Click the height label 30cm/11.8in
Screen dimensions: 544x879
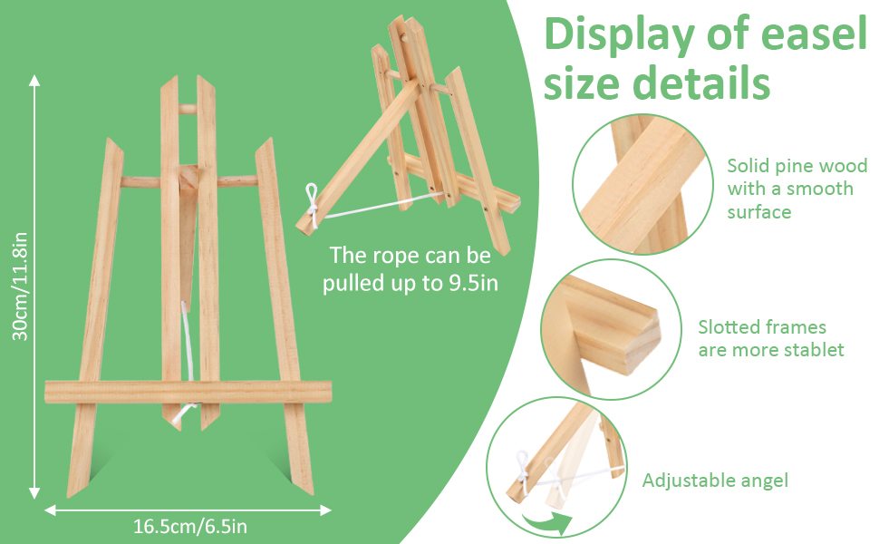coord(20,287)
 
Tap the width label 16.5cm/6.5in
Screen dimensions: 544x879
coord(190,526)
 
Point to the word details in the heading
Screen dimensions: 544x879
coord(701,83)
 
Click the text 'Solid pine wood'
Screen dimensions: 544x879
coord(797,166)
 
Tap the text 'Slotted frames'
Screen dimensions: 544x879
coord(762,326)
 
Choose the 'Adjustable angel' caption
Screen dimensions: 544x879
coord(715,481)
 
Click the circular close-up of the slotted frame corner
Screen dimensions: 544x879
coord(611,329)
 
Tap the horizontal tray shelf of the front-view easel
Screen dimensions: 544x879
coord(188,393)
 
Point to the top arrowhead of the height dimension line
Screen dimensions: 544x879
coord(34,79)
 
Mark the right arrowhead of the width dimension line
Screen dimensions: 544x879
coord(327,510)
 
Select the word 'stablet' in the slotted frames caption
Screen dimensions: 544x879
coord(814,350)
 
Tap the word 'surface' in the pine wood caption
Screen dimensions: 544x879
coord(759,212)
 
